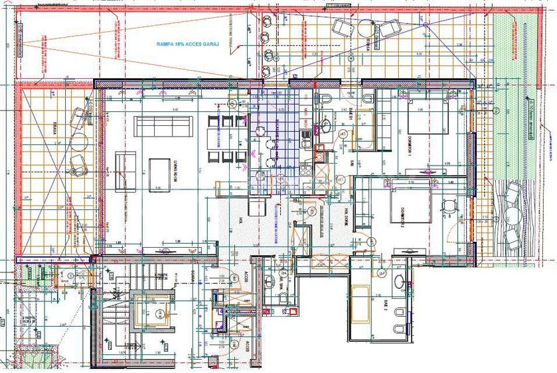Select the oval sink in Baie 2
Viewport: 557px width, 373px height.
[x=400, y=281]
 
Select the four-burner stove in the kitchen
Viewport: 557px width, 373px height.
[x=307, y=138]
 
